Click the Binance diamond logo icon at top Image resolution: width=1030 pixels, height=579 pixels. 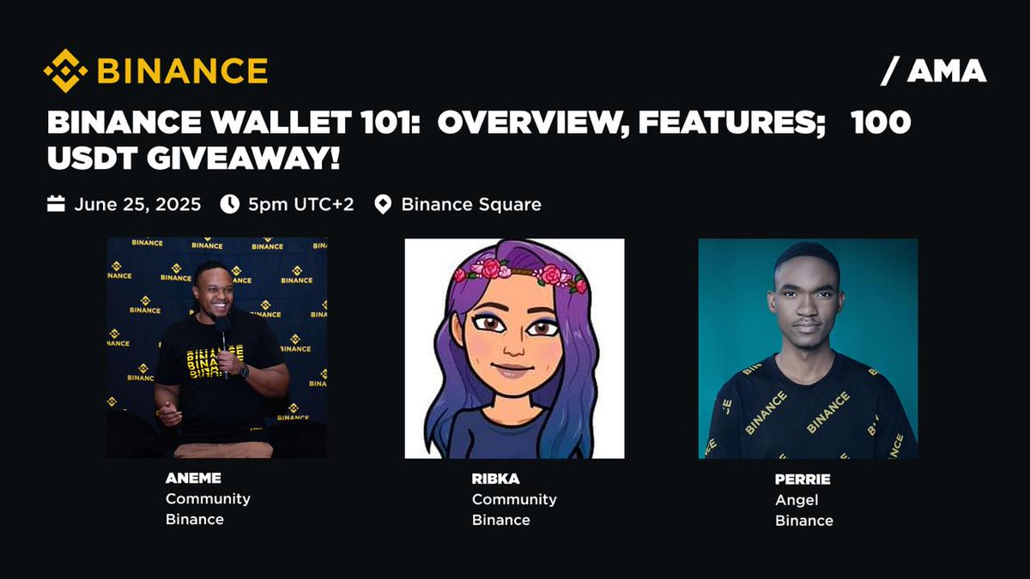click(66, 70)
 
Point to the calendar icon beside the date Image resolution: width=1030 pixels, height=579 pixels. click(56, 204)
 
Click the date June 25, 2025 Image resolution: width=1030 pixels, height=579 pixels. click(137, 205)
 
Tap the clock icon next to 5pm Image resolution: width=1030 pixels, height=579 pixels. click(230, 204)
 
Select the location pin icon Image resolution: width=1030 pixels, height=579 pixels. click(383, 205)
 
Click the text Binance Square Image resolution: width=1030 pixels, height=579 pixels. click(471, 205)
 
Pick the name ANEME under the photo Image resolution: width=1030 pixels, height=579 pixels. click(186, 479)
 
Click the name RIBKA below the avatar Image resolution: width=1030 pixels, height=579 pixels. click(490, 479)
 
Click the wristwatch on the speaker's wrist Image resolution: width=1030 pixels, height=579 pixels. click(245, 371)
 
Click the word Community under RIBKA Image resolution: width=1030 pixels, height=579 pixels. click(514, 499)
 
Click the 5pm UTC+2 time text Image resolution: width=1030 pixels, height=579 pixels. click(300, 205)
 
